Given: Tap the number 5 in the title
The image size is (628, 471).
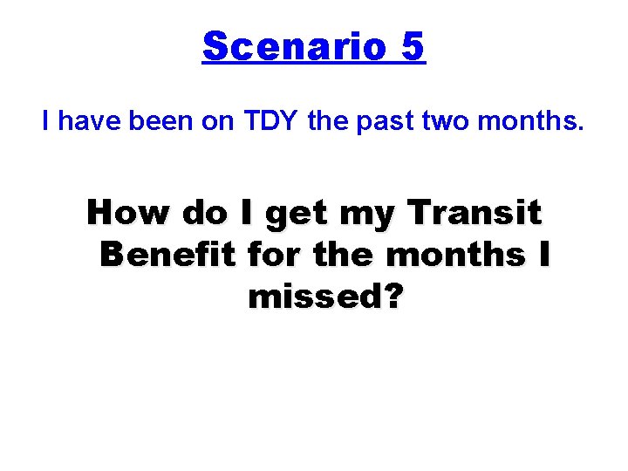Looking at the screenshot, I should (413, 46).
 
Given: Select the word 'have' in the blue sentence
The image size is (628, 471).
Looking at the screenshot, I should (90, 121).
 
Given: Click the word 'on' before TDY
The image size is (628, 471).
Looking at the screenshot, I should (218, 121).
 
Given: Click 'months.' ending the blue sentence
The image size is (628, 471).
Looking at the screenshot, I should (536, 121).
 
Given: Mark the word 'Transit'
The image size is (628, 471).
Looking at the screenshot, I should (476, 212).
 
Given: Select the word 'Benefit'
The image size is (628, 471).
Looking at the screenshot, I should (169, 255).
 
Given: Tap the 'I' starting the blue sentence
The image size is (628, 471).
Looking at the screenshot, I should (47, 121).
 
